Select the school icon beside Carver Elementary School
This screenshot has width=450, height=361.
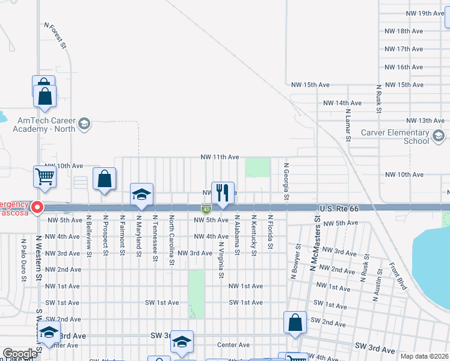click(x=439, y=137)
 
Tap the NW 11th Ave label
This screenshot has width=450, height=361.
click(x=220, y=157)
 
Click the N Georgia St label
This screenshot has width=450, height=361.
click(x=287, y=181)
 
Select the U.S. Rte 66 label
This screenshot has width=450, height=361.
click(x=339, y=208)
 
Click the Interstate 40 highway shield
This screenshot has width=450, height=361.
click(x=206, y=209)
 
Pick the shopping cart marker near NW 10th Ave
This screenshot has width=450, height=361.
click(x=45, y=177)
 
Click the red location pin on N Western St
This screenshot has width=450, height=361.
click(x=37, y=208)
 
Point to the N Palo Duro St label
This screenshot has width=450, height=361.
click(x=24, y=260)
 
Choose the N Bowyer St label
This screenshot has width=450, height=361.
click(x=295, y=261)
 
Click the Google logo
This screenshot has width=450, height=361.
click(x=20, y=354)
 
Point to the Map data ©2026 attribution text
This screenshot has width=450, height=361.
click(x=424, y=356)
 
